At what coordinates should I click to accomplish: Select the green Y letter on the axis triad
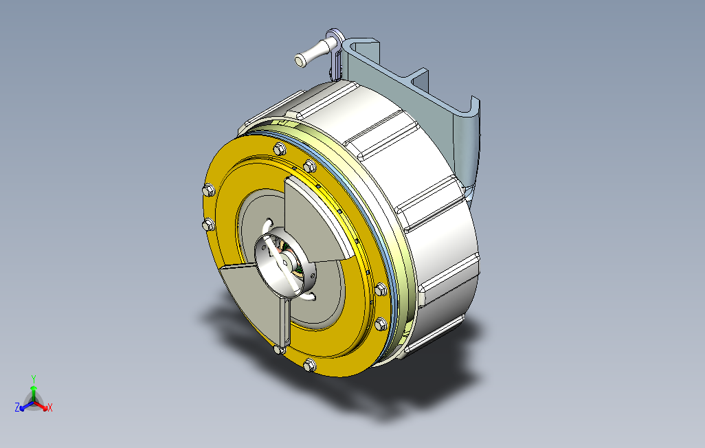coord(33,379)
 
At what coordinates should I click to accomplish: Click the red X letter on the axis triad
coord(50,407)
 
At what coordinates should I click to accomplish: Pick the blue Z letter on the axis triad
coord(17,407)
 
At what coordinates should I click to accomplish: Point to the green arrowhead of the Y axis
coord(33,388)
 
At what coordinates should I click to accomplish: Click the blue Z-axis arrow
coord(26,405)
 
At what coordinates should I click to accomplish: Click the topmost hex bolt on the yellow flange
coord(279,149)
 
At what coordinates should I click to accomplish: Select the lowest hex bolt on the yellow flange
coord(309,365)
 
